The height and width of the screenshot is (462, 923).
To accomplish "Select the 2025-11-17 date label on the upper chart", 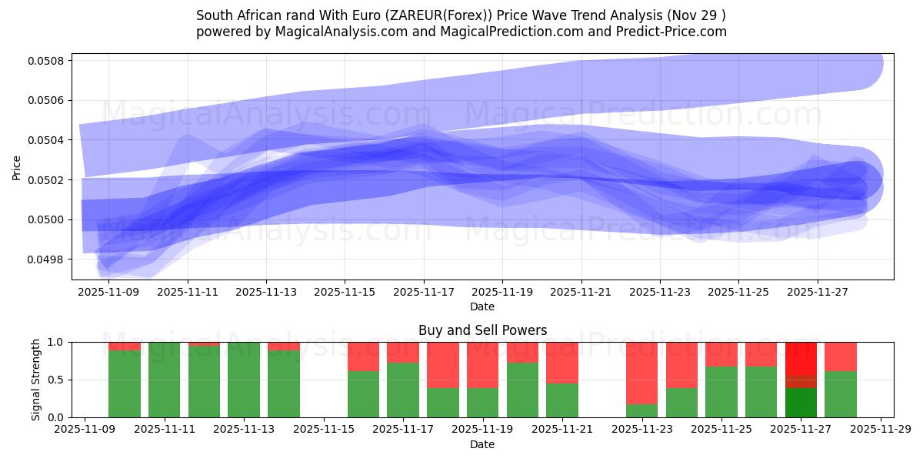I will pos(424,293).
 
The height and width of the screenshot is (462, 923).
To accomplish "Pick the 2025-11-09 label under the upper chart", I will pos(108,293).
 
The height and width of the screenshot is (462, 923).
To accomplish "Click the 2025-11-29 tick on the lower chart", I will pos(880,430).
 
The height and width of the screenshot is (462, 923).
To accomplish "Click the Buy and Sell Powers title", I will pos(482,330).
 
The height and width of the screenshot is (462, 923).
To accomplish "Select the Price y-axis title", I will pos(17,166).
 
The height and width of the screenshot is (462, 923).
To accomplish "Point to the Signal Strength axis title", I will pos(36,380).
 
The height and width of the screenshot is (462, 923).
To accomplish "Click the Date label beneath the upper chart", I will pos(482,306).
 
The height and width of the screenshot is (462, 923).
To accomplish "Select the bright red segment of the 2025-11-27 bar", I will pos(801,359).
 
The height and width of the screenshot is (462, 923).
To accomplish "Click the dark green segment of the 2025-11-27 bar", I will pos(801,403).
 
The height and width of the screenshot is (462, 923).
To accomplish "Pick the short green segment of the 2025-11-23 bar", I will pos(641,410).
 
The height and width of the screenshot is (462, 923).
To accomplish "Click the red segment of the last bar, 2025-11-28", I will pos(841,356).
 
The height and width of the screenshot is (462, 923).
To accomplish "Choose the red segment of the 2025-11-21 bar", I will pos(562,362).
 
